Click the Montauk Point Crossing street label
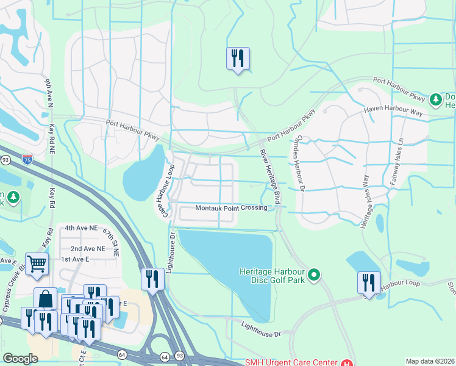pyautogui.click(x=231, y=208)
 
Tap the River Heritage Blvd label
pyautogui.click(x=269, y=177)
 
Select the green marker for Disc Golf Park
pyautogui.click(x=314, y=276)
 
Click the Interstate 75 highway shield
pyautogui.click(x=27, y=159)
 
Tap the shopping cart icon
pyautogui.click(x=37, y=264)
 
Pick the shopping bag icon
pyautogui.click(x=45, y=299)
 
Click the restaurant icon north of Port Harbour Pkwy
pyautogui.click(x=238, y=59)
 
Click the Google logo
pyautogui.click(x=20, y=359)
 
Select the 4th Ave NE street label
pyautogui.click(x=81, y=228)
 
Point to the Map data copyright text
pyautogui.click(x=430, y=361)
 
